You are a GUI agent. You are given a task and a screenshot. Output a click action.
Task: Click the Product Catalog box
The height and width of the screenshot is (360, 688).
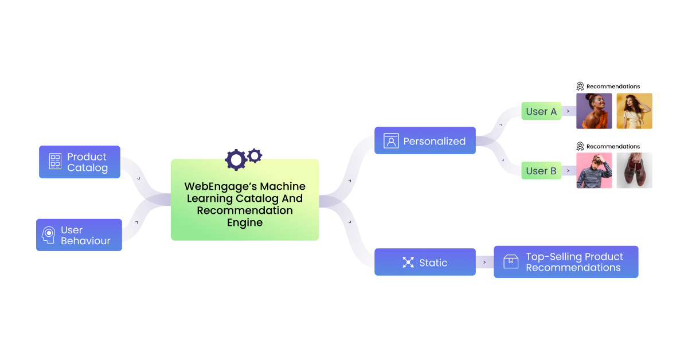coord(80,162)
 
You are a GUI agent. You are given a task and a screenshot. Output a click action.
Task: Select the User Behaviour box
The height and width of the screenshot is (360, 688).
coord(79,235)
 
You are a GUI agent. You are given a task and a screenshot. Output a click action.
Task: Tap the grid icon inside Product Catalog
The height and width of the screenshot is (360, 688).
coord(55,161)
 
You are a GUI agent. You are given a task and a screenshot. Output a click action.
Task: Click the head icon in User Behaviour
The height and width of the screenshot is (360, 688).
coord(49,235)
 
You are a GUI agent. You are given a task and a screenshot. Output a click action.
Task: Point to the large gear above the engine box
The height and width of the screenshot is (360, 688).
coord(235,159)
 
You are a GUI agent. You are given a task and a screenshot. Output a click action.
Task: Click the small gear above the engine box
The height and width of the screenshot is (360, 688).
coord(255,155)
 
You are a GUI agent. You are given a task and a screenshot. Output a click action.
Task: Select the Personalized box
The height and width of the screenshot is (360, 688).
coord(425,140)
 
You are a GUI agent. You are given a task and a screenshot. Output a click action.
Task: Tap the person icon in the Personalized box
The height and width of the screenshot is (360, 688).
coord(391,141)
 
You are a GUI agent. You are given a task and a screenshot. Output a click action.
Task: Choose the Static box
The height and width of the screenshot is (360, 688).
coord(425,262)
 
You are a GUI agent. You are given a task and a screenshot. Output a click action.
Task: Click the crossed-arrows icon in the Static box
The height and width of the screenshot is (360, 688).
coord(408,263)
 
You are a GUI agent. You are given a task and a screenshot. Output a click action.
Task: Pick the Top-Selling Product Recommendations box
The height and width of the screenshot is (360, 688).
coord(566,262)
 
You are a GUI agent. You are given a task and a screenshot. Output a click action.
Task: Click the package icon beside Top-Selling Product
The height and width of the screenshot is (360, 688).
coord(510,262)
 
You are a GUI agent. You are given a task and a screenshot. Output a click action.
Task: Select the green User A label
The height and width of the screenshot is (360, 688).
coord(541,111)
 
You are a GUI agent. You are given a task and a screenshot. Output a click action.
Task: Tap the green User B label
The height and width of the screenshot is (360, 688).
coord(541,171)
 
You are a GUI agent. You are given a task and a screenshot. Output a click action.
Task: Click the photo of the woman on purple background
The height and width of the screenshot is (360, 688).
coord(594,111)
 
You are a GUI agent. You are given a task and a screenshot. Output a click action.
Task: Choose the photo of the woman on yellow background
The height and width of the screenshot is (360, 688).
coord(634,111)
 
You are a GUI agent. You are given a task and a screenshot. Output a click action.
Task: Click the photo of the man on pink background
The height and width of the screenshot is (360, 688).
coord(594,170)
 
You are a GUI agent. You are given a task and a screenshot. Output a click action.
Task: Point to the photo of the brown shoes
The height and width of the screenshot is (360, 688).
coord(634,170)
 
